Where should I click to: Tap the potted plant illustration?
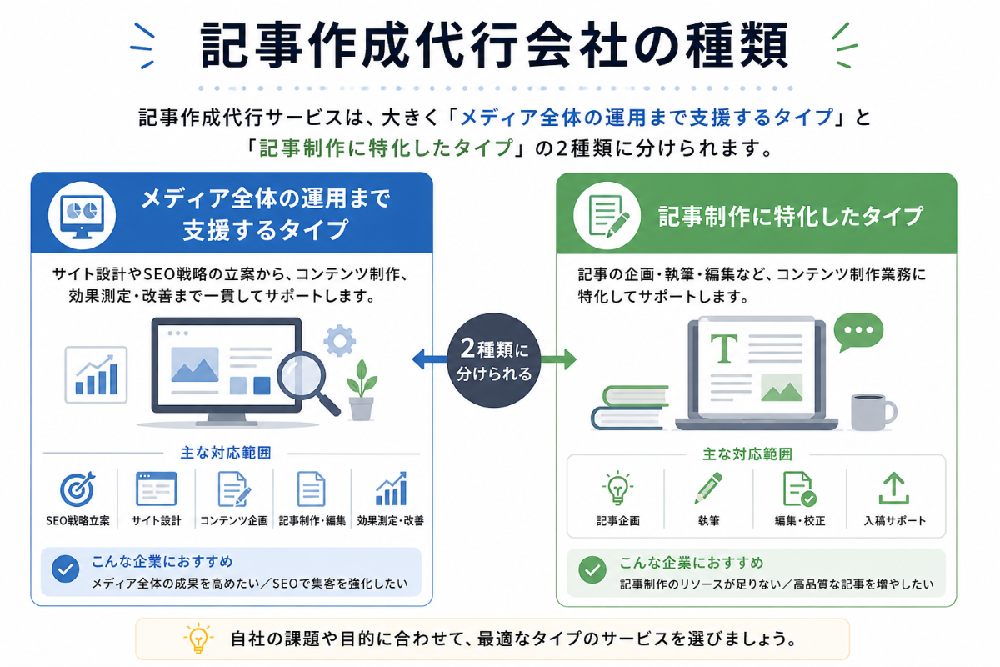362,390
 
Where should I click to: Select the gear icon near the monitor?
340,340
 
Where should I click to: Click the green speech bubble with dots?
858,331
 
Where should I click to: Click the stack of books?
630,408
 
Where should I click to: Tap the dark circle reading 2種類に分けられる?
493,360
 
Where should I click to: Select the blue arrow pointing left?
429,359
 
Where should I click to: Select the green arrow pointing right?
558,359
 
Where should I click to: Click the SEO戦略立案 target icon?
77,489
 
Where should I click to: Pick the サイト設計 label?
157,521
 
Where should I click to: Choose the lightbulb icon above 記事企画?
617,488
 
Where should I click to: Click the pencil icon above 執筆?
708,488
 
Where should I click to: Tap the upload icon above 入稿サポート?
893,489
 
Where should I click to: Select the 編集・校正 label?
799,521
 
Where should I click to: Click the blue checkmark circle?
66,569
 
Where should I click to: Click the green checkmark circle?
592,569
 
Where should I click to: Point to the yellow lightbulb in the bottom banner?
198,638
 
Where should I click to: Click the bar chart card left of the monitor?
96,375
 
